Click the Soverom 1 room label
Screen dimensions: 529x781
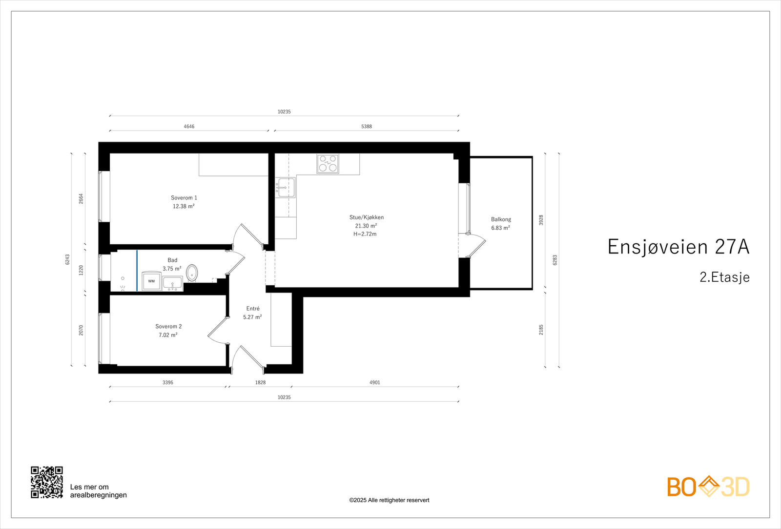[184, 198]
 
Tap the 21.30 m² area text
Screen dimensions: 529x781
[366, 226]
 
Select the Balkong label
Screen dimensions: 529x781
[501, 219]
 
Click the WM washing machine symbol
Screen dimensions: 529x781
[151, 281]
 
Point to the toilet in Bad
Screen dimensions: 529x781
[192, 273]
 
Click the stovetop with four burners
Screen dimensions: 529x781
[328, 163]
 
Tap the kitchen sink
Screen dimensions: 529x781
[285, 187]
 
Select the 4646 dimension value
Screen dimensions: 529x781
[189, 126]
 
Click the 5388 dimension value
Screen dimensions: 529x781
[366, 126]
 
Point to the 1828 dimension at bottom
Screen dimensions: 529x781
[260, 383]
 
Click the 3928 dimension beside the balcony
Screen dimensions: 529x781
[541, 220]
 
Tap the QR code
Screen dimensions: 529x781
[47, 482]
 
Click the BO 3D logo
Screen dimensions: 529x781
[708, 487]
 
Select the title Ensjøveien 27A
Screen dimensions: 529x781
[678, 247]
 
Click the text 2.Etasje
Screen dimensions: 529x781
[724, 277]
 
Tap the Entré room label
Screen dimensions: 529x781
[253, 309]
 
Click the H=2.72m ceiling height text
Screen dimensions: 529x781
[365, 234]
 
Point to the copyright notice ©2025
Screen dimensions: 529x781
[389, 500]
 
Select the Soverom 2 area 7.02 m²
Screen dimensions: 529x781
[168, 335]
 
